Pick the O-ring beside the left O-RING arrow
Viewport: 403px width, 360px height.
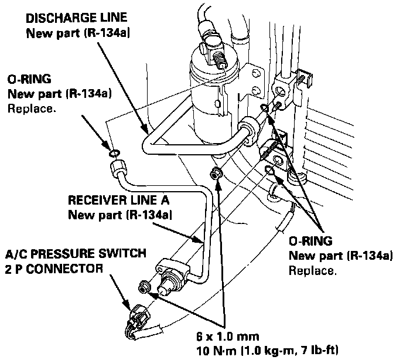click(114, 154)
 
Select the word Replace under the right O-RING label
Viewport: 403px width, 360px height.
click(312, 271)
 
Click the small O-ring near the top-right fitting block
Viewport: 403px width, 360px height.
click(265, 108)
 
